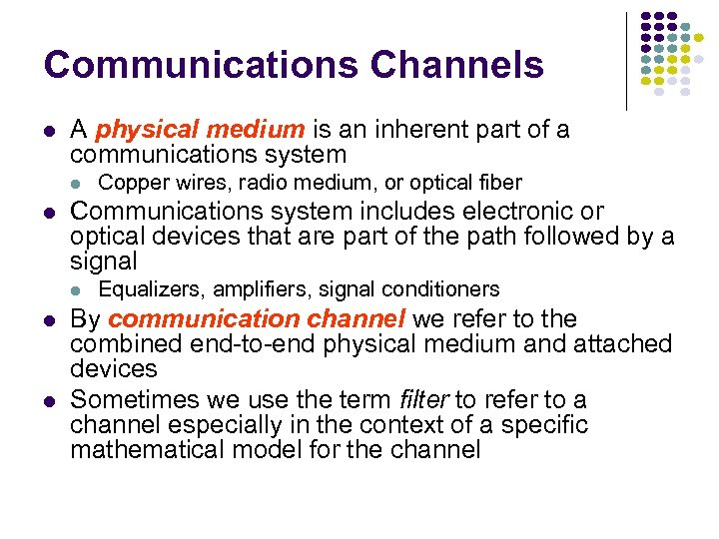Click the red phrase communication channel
pos(257,319)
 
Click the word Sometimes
pos(136,400)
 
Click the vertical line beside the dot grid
pos(626,60)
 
